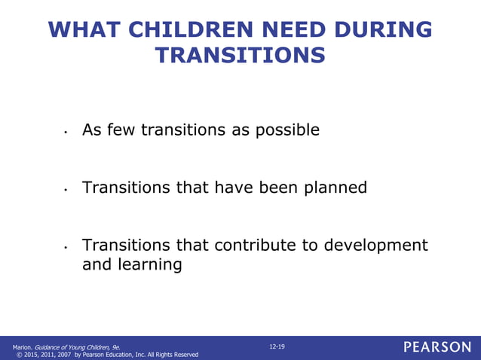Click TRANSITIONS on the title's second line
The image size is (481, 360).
point(240,56)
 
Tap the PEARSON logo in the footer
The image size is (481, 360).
point(437,347)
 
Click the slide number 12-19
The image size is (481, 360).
point(277,346)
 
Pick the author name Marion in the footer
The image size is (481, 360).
point(22,346)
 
